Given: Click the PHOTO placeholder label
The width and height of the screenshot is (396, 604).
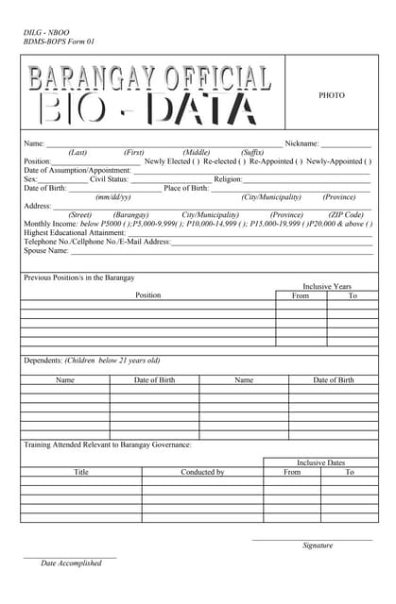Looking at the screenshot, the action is click(332, 95).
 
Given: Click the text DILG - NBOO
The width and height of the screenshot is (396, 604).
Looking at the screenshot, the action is click(46, 32).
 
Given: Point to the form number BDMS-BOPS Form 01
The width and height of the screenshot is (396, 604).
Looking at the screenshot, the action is click(59, 42).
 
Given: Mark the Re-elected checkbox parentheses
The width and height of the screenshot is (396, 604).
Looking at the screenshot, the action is click(242, 161).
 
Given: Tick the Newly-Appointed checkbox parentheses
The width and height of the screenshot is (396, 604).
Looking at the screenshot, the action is click(368, 161).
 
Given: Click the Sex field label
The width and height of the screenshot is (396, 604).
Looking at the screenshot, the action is click(30, 179).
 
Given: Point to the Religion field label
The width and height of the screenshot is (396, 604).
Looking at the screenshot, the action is click(228, 179).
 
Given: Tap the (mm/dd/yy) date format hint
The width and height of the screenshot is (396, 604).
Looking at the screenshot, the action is click(113, 197).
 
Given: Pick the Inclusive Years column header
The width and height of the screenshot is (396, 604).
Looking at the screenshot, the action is click(326, 286).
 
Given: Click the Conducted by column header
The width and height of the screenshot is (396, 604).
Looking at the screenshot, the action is click(202, 472).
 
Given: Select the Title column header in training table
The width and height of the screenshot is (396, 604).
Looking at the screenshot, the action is click(81, 472).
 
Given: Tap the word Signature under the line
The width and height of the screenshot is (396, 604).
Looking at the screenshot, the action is click(318, 545).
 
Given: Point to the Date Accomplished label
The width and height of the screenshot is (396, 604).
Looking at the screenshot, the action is click(71, 563).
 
